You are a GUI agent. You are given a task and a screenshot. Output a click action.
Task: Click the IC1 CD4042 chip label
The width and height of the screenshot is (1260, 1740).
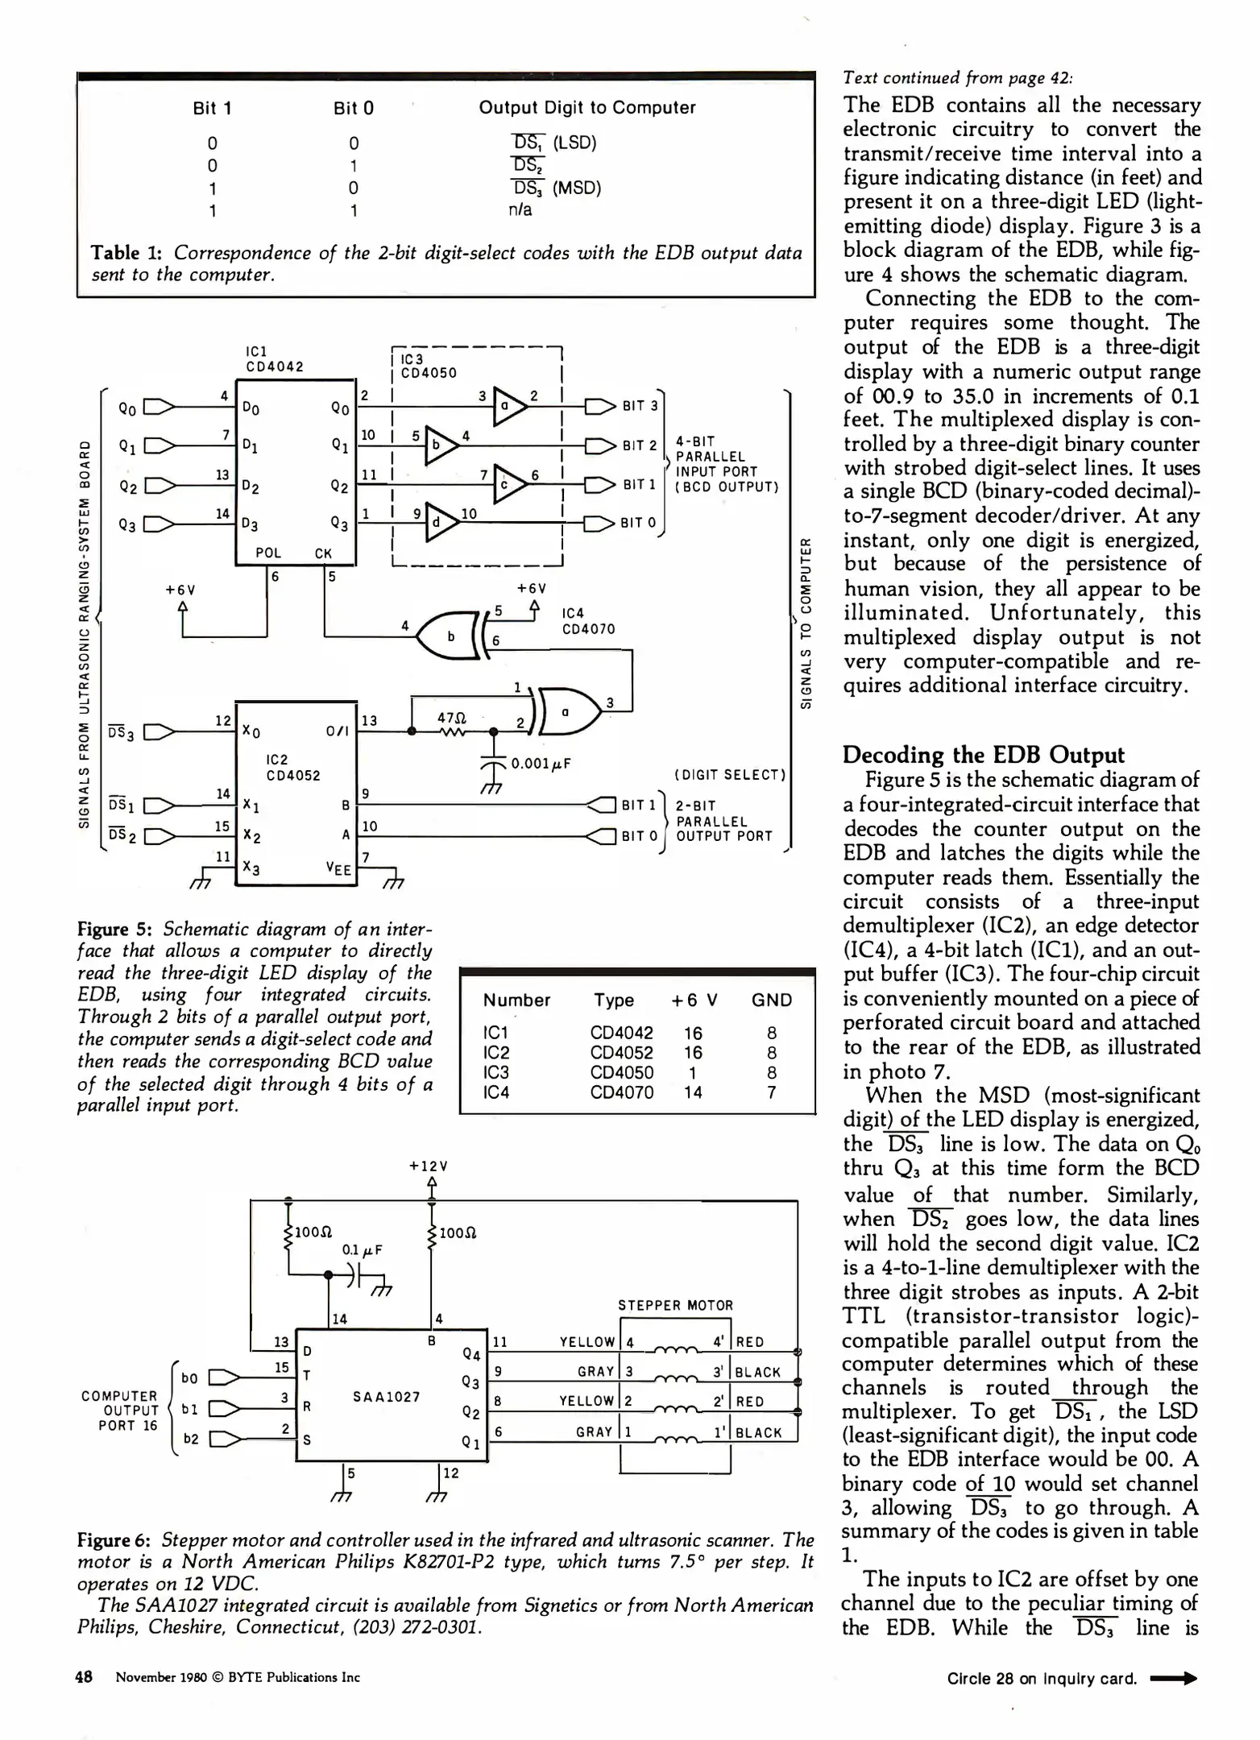coord(274,358)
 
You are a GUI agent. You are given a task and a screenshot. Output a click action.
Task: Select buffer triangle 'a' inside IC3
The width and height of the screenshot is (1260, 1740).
coord(508,406)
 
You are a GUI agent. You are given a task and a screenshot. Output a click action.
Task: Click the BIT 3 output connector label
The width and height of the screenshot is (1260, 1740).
coord(640,406)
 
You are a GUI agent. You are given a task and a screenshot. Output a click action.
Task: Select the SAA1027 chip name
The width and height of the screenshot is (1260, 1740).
coord(387,1396)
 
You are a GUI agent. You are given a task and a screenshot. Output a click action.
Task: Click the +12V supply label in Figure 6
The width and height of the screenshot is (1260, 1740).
coord(429,1166)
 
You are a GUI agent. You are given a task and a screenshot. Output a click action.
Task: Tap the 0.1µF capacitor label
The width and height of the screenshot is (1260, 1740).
coord(362,1249)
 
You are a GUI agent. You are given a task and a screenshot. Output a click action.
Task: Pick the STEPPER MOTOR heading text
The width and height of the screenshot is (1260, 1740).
coord(675,1305)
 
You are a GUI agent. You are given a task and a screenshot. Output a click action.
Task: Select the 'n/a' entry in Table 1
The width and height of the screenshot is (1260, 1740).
coord(520,210)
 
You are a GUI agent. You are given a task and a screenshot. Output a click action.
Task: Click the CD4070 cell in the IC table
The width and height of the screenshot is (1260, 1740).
coord(621,1092)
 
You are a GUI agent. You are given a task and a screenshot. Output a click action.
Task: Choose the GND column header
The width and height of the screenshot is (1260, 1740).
coord(771,1000)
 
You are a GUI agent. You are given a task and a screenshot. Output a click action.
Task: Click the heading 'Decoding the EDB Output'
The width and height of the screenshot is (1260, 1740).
coord(983,755)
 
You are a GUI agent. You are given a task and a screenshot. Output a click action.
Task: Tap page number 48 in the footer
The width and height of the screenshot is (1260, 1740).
coord(84,1677)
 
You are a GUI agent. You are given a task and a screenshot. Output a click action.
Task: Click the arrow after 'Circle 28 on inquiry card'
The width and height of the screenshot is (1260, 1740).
coord(1174,1679)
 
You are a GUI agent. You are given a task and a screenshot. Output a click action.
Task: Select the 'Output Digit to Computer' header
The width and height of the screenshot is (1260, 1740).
coord(586,108)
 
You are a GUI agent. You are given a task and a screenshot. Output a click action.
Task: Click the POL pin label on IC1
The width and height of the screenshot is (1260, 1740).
coord(268,553)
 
